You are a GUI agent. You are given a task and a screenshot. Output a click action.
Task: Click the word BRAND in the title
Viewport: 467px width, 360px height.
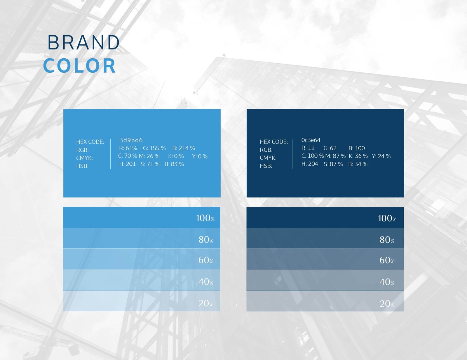click(83, 42)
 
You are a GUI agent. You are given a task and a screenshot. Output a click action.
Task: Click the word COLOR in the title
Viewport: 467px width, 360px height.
click(79, 66)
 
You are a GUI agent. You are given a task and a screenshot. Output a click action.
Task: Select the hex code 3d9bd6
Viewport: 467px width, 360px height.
click(131, 140)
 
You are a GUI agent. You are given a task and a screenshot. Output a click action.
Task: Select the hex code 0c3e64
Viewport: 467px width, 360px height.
click(311, 140)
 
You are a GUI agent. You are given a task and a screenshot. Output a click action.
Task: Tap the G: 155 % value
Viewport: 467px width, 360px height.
click(154, 148)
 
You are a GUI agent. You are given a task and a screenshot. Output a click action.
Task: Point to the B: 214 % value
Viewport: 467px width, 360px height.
click(184, 148)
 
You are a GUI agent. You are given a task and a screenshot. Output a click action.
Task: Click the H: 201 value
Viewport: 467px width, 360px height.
click(128, 164)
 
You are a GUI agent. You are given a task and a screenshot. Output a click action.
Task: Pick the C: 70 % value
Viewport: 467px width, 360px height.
click(128, 156)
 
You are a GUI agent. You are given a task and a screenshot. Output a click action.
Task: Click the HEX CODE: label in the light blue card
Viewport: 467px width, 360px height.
click(90, 142)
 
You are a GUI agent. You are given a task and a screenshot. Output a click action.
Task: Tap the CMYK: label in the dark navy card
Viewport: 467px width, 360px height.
click(268, 158)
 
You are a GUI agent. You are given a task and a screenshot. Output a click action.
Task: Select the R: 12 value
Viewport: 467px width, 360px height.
click(308, 148)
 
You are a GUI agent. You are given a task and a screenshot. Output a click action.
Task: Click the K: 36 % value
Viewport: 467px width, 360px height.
click(358, 156)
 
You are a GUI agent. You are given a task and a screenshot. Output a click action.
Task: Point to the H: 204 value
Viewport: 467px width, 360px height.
click(310, 164)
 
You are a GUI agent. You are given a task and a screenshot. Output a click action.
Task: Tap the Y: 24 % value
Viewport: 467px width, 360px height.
click(381, 156)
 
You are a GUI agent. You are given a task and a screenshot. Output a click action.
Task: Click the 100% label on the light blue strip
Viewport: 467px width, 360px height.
click(205, 218)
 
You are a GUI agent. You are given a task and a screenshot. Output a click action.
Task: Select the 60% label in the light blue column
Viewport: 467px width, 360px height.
click(206, 260)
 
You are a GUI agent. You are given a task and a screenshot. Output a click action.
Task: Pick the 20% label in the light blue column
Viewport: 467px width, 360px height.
click(206, 303)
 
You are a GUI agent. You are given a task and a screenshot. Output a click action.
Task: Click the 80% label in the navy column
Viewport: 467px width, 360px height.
click(387, 240)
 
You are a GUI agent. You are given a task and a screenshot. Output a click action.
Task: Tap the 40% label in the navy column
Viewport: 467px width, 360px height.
click(387, 282)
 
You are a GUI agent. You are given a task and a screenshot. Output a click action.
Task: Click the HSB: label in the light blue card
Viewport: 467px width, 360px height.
click(82, 166)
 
